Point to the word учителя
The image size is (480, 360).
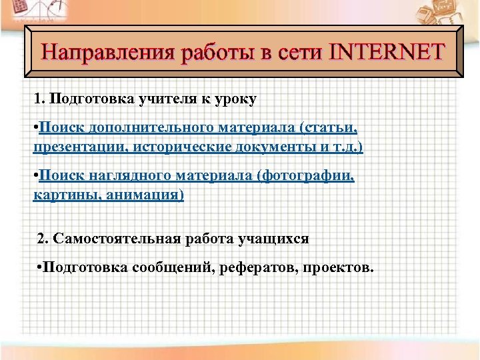(159, 99)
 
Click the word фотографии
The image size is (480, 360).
(316, 175)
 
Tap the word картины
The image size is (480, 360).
(58, 195)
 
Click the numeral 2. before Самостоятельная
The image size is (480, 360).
(43, 238)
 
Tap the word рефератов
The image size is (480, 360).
(263, 268)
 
